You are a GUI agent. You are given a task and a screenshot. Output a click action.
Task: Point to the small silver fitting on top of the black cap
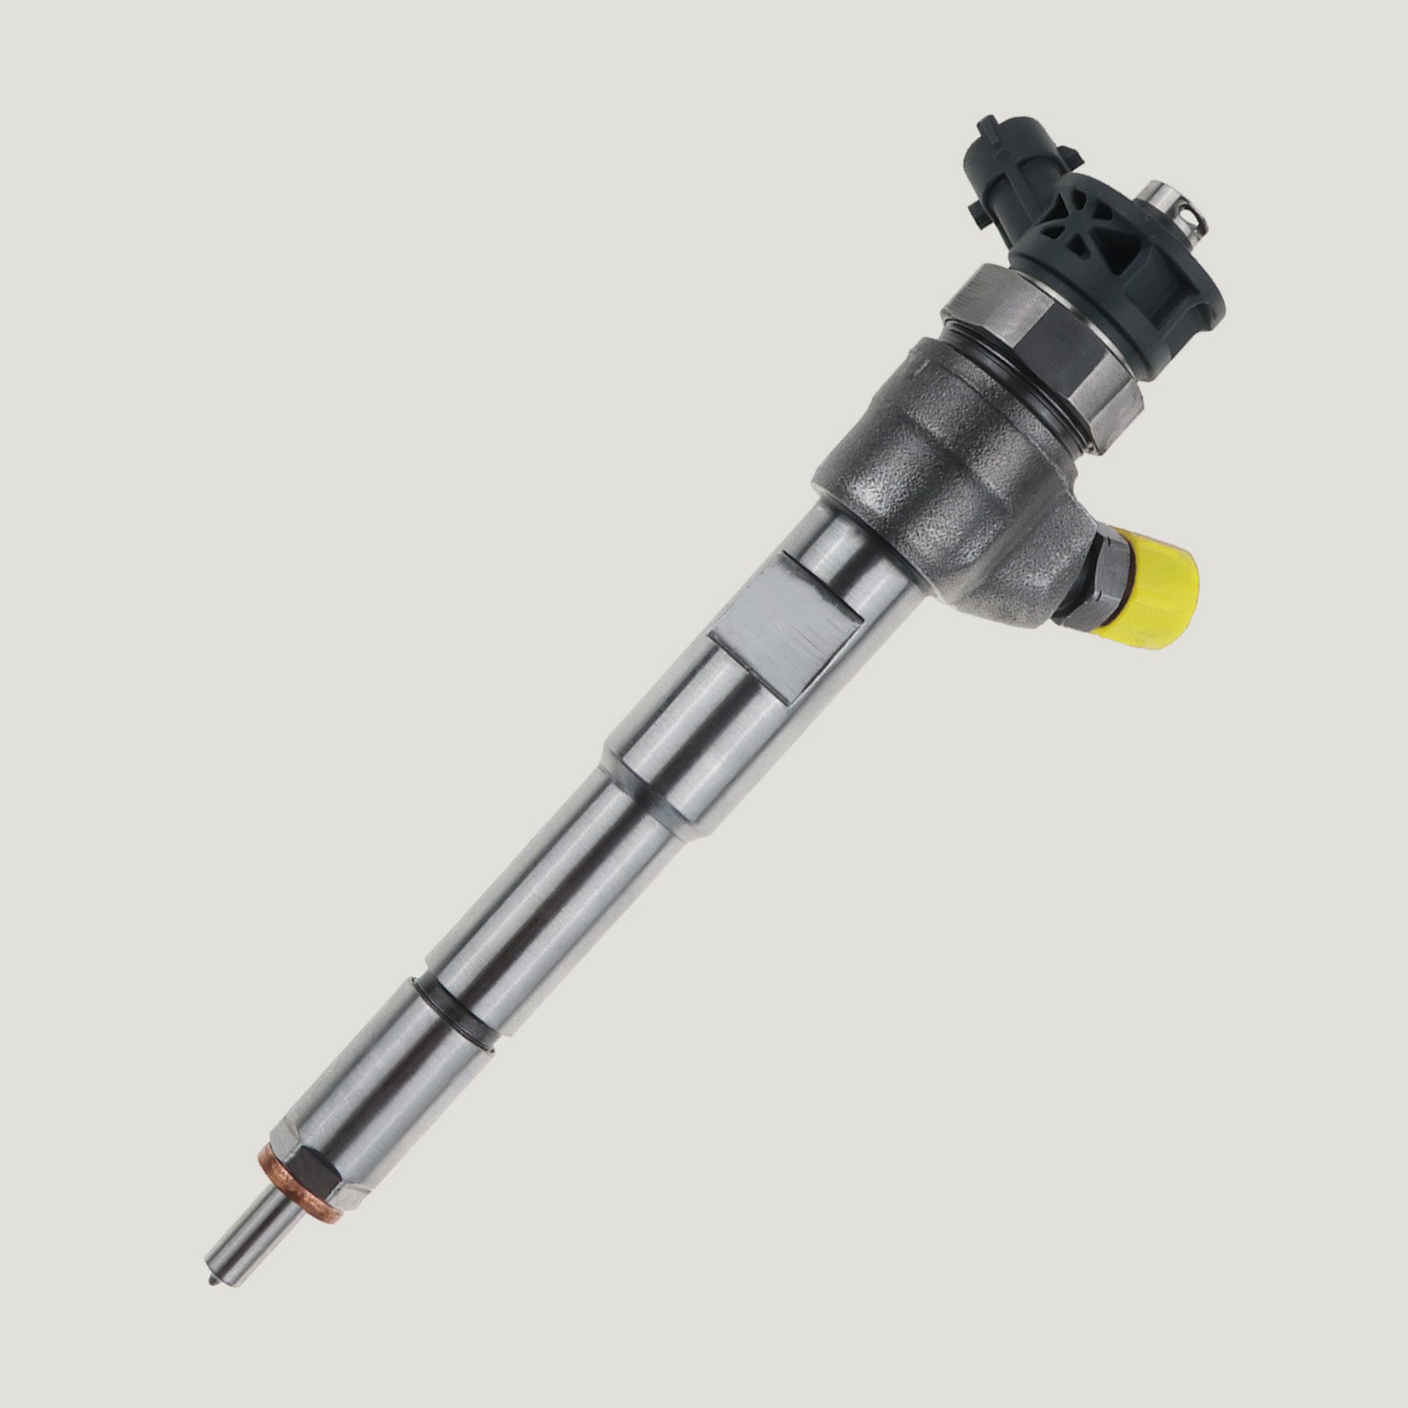tap(1174, 203)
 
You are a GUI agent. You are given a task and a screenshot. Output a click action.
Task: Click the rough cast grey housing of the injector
tap(950, 493)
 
